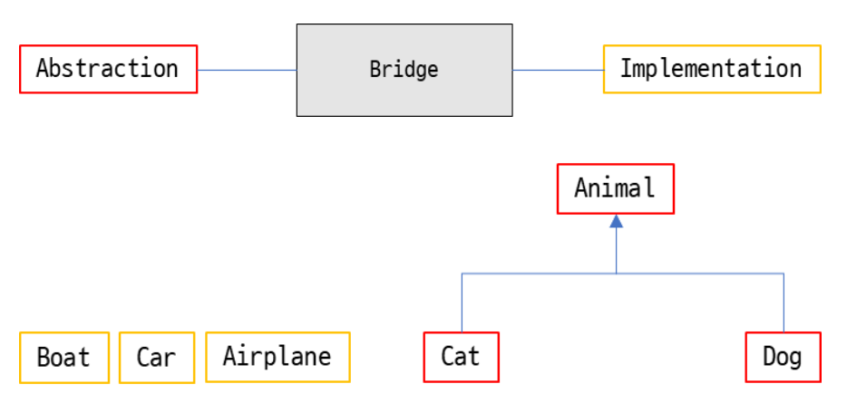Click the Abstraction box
click(x=108, y=69)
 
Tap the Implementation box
click(x=711, y=69)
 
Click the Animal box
click(x=615, y=188)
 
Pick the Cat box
click(x=461, y=357)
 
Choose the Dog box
click(x=782, y=357)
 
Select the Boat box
click(x=63, y=357)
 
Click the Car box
click(x=156, y=357)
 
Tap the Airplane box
click(x=277, y=357)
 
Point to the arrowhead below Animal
click(x=617, y=221)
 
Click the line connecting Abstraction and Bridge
click(x=247, y=70)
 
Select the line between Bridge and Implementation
click(x=558, y=70)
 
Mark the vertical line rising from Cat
click(x=462, y=303)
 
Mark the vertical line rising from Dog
click(x=784, y=303)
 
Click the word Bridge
click(x=404, y=70)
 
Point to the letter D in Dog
click(x=768, y=357)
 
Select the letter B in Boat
click(x=44, y=357)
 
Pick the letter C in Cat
click(x=448, y=357)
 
